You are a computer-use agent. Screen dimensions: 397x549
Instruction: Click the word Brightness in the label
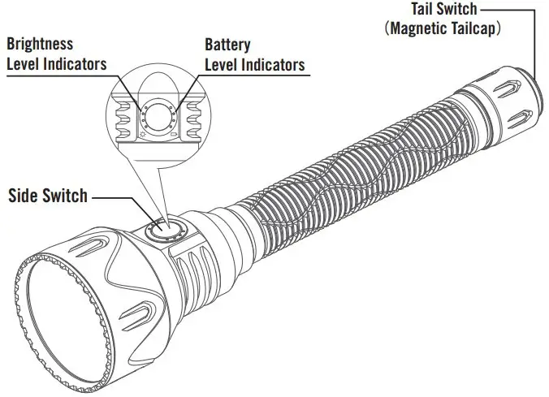39,44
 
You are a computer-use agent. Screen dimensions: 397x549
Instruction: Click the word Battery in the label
228,44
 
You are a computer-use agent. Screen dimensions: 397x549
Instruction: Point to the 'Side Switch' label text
48,196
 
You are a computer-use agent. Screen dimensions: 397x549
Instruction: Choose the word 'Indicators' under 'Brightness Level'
73,64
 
